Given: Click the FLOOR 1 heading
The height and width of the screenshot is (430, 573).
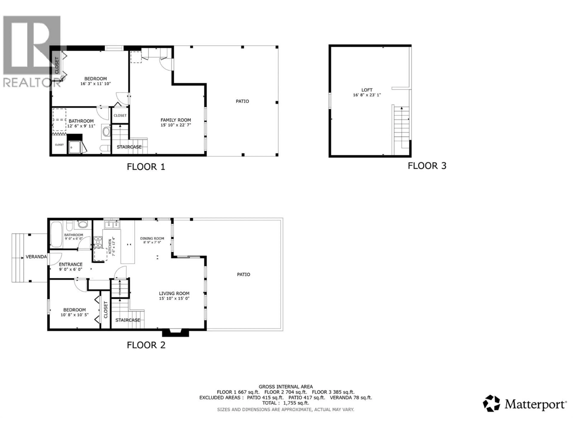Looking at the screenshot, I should point(146,167).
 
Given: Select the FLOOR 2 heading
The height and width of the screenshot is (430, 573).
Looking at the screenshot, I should point(146,345).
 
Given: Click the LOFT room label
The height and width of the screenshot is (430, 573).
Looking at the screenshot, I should point(367,90).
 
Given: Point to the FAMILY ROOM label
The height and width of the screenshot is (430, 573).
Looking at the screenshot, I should point(176,120).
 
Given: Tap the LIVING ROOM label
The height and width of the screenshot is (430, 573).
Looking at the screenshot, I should point(174,293).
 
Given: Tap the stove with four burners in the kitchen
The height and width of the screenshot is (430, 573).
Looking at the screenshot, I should point(98,242).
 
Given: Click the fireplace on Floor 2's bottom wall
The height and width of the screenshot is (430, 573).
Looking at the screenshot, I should point(175,333).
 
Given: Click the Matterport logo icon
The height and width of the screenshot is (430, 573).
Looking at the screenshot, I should point(491,403).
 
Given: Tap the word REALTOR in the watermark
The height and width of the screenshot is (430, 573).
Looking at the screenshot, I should point(31,83).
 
